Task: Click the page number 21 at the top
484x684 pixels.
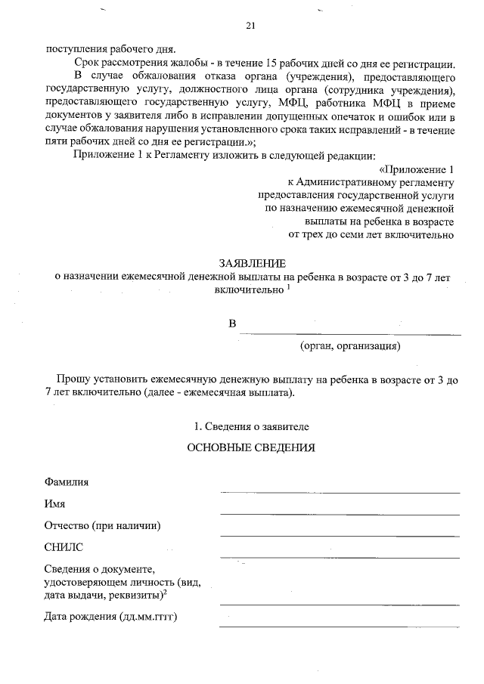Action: click(251, 27)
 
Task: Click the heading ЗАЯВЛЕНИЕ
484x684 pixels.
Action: click(252, 265)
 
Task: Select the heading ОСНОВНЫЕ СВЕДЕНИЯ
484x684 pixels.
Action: click(250, 447)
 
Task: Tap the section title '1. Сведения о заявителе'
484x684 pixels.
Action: click(251, 426)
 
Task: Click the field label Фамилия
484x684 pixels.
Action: click(66, 481)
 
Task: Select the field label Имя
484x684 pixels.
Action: click(55, 503)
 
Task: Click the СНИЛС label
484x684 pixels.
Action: click(64, 546)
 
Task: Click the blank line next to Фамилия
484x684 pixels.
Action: click(340, 492)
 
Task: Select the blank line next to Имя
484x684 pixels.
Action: click(340, 514)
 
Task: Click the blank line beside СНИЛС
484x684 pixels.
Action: click(340, 557)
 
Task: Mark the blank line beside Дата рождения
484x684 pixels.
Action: click(340, 627)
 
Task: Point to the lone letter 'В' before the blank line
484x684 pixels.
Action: click(233, 324)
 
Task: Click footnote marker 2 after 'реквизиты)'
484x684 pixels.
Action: click(164, 593)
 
